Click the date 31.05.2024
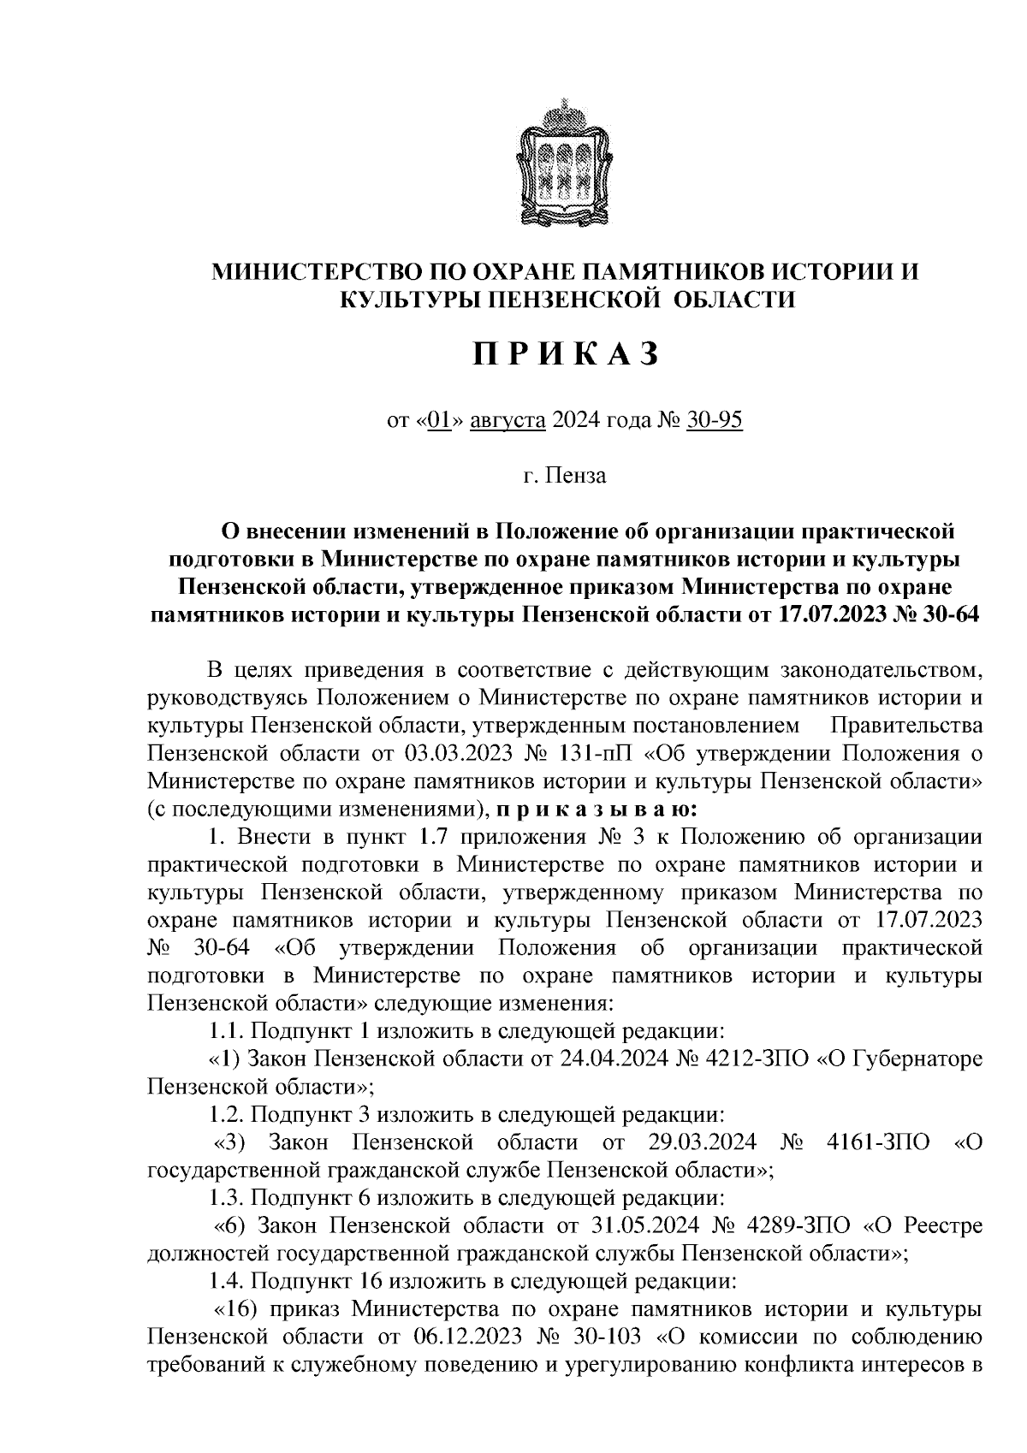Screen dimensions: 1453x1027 [646, 1225]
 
